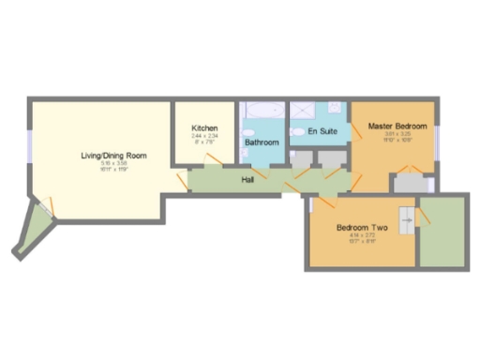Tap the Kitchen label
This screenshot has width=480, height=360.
pyautogui.click(x=204, y=127)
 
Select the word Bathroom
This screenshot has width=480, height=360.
pyautogui.click(x=262, y=142)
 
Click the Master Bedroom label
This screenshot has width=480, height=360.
pyautogui.click(x=397, y=126)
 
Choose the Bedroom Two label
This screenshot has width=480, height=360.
pyautogui.click(x=361, y=228)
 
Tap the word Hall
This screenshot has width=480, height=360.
pyautogui.click(x=248, y=179)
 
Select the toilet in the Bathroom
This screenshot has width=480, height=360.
pyautogui.click(x=246, y=132)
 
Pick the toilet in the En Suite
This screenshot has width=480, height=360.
pyautogui.click(x=297, y=132)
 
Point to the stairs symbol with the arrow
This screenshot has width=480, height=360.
pyautogui.click(x=406, y=221)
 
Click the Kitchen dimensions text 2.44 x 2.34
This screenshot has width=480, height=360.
pyautogui.click(x=204, y=136)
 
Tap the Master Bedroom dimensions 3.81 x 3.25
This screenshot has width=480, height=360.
pyautogui.click(x=397, y=134)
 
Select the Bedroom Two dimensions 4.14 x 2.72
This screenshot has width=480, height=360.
pyautogui.click(x=361, y=236)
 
